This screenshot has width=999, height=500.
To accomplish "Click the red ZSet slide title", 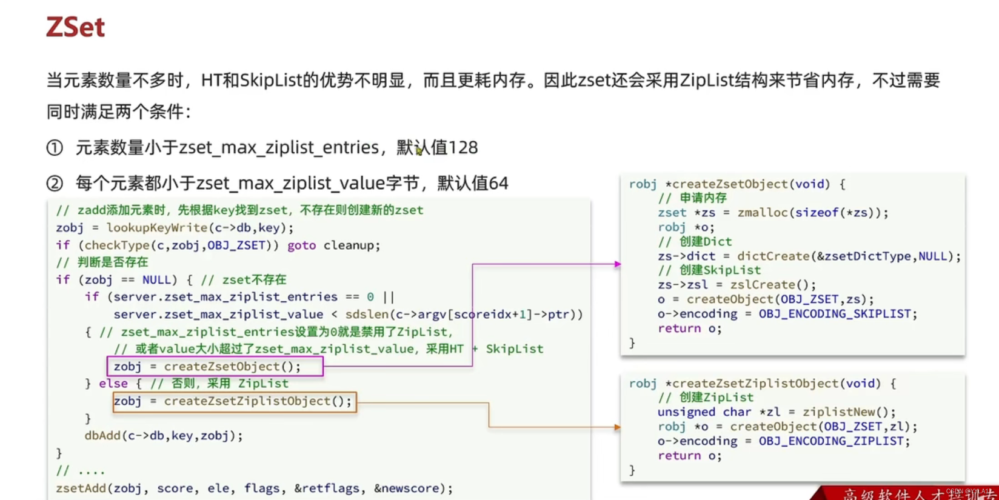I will [x=76, y=27].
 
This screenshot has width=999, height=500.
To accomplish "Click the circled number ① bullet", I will [x=55, y=148].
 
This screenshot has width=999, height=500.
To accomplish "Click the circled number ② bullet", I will [x=55, y=184].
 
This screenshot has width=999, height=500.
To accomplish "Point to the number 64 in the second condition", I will [x=498, y=184].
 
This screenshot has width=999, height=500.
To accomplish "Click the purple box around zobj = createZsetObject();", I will [x=215, y=366].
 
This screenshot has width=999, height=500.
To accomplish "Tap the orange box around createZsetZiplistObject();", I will [x=235, y=401].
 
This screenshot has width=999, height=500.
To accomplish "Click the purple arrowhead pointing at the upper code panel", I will [x=617, y=264].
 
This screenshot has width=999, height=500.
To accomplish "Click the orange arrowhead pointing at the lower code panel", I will [x=617, y=427].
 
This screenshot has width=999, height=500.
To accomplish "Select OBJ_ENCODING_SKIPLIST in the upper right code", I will [x=835, y=314].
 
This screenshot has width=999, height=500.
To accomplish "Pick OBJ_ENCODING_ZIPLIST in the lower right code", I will [x=831, y=441].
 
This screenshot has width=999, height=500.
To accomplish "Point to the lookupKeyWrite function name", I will [x=157, y=228].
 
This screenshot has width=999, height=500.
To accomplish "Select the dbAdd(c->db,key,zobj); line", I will [x=164, y=436].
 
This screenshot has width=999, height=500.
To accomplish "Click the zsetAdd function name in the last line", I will [x=81, y=488].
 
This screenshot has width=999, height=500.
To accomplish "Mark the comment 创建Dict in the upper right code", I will [x=706, y=242].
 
